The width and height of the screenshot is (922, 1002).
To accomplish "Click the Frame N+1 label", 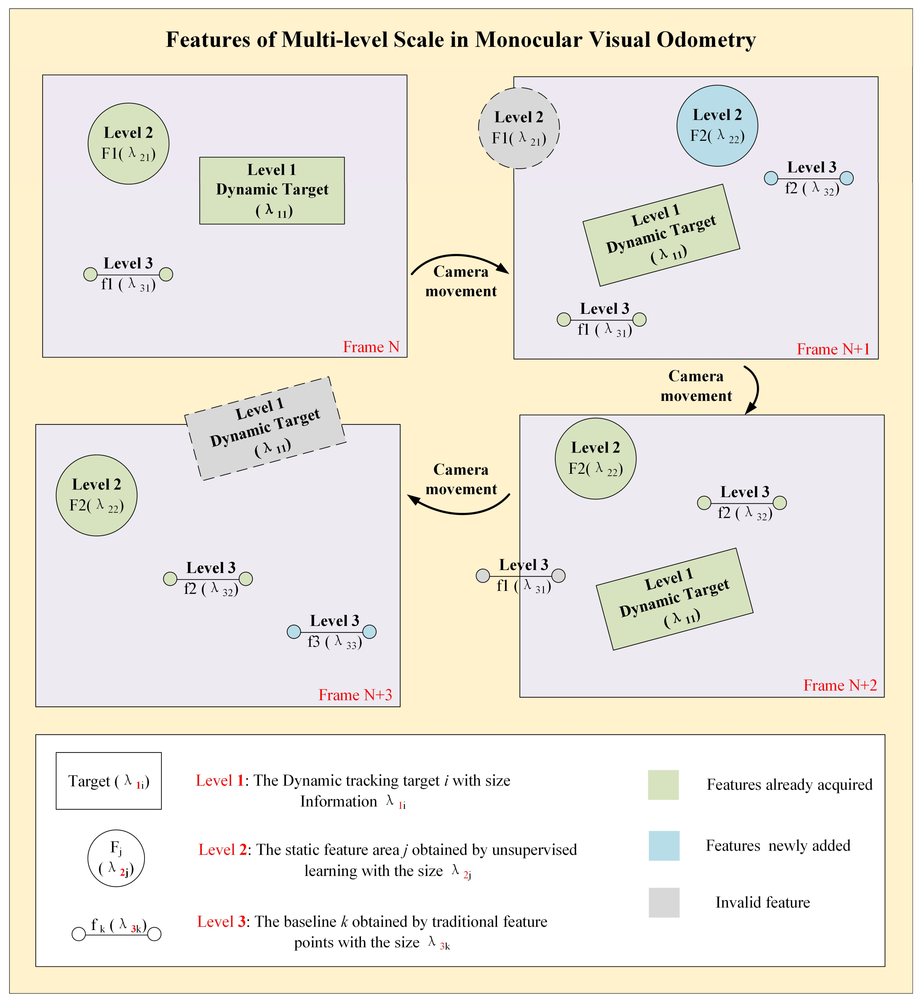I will click(x=833, y=349).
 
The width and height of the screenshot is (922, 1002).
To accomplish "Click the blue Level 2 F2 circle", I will click(x=717, y=126).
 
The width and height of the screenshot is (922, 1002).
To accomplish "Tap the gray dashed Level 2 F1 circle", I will click(x=519, y=128).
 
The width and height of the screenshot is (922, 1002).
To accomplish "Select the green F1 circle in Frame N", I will click(x=128, y=144).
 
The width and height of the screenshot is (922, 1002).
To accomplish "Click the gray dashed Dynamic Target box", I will click(x=265, y=428).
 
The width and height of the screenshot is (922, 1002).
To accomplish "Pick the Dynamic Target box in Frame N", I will click(x=272, y=191).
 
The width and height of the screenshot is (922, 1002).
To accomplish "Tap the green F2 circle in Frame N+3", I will click(x=96, y=495).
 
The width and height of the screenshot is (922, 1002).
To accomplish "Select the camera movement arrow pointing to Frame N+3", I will click(x=459, y=509).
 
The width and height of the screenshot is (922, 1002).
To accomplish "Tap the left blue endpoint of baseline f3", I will click(x=294, y=632).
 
